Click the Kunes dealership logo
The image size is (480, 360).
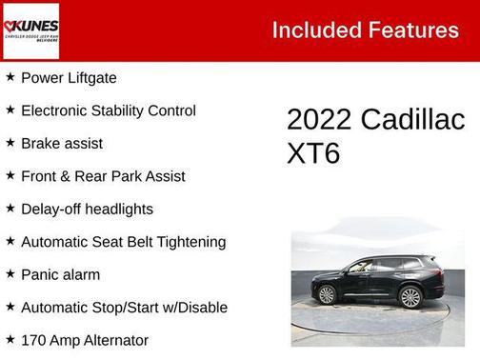pos(31,30)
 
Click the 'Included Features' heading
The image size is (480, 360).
pos(365,30)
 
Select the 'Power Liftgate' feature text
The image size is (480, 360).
pos(69,78)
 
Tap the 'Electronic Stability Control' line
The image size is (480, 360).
pos(108,110)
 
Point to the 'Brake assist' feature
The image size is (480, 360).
pos(61,144)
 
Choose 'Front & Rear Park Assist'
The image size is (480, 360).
pos(103,176)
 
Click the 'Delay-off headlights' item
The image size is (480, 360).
pos(87,209)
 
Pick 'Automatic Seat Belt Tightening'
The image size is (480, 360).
pos(123,242)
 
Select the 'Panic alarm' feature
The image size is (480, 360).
pos(61,274)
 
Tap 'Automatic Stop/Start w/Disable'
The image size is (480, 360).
pos(124,308)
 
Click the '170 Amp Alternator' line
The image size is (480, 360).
pos(85,340)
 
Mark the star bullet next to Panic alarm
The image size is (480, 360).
pos(10,274)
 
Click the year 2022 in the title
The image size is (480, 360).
pos(319,120)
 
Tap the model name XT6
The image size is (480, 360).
pos(313,153)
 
